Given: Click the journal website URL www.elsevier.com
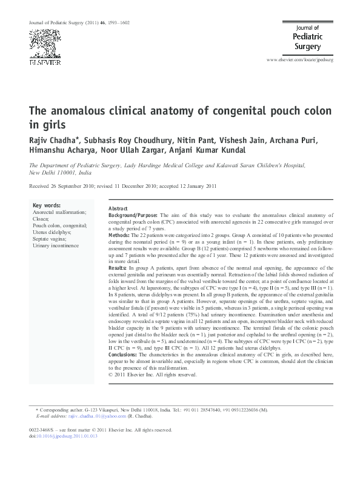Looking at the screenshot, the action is (301, 61).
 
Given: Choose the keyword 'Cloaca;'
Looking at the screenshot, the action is (41, 219).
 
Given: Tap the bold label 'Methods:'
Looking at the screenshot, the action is (119, 234).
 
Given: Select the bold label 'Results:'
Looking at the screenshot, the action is (118, 266).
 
